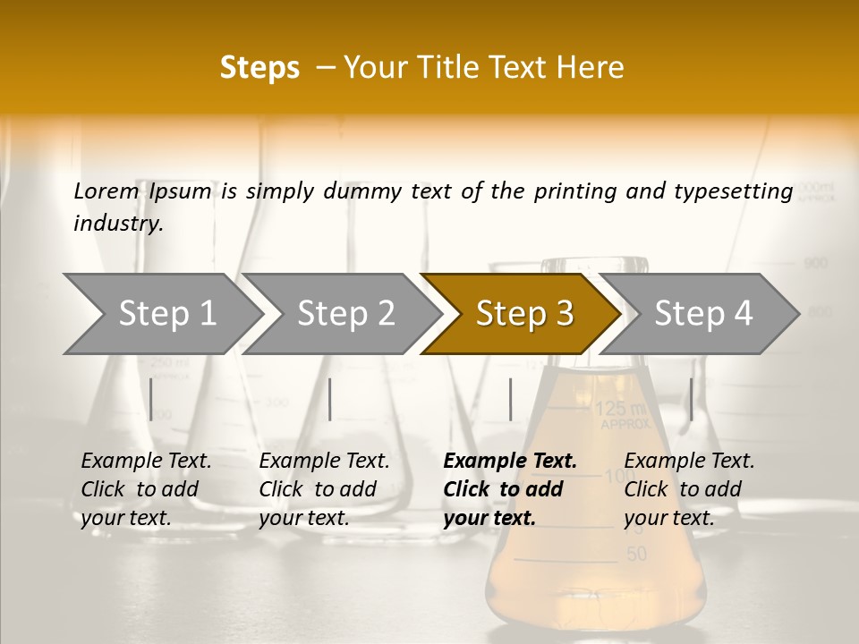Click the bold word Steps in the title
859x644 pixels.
click(259, 68)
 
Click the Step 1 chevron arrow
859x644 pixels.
click(166, 313)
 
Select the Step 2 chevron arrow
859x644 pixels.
click(344, 313)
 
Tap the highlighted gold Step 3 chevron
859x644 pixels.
click(523, 313)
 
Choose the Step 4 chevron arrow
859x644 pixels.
click(702, 313)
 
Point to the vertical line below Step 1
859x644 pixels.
click(151, 399)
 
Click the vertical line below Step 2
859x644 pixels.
click(330, 399)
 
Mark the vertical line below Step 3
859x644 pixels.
click(510, 399)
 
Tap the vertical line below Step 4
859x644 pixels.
click(691, 399)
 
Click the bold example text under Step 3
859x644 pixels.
click(509, 489)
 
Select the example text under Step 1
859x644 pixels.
click(146, 489)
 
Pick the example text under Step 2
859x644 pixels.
click(324, 489)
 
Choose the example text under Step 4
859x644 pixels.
click(689, 489)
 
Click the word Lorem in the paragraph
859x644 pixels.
click(106, 191)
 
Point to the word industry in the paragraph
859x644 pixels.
click(117, 223)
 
